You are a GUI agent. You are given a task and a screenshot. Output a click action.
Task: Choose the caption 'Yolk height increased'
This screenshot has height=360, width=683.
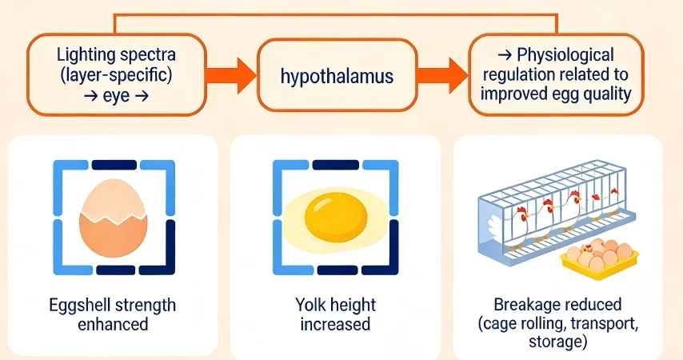coord(335,314)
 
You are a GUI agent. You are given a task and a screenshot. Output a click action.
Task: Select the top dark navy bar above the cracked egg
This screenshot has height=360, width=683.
coord(114,166)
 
